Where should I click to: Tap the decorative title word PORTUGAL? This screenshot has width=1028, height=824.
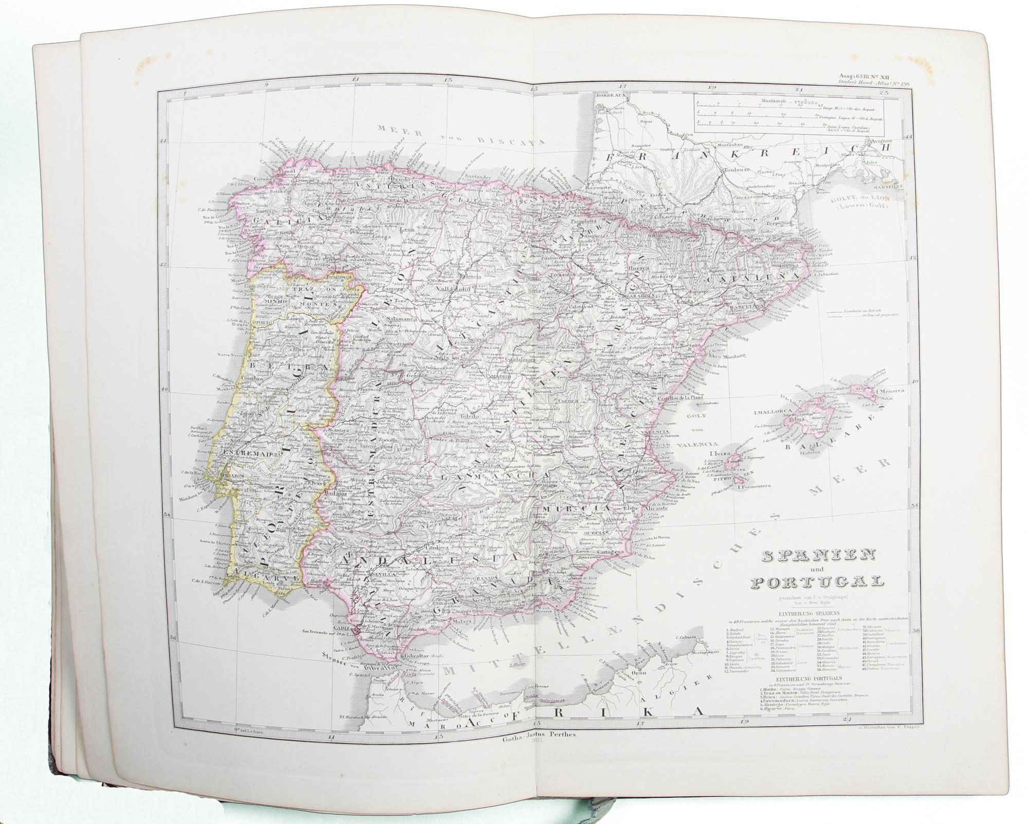pos(818,582)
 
